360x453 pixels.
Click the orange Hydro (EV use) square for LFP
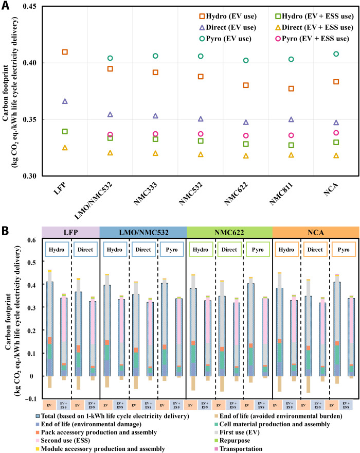click(x=65, y=52)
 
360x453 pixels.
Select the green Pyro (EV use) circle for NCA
click(x=336, y=54)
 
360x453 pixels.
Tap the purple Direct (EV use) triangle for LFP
click(x=65, y=101)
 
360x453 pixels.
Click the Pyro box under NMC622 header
click(x=257, y=250)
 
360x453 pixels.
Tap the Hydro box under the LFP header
click(x=56, y=250)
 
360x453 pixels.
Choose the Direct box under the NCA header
click(x=315, y=250)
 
